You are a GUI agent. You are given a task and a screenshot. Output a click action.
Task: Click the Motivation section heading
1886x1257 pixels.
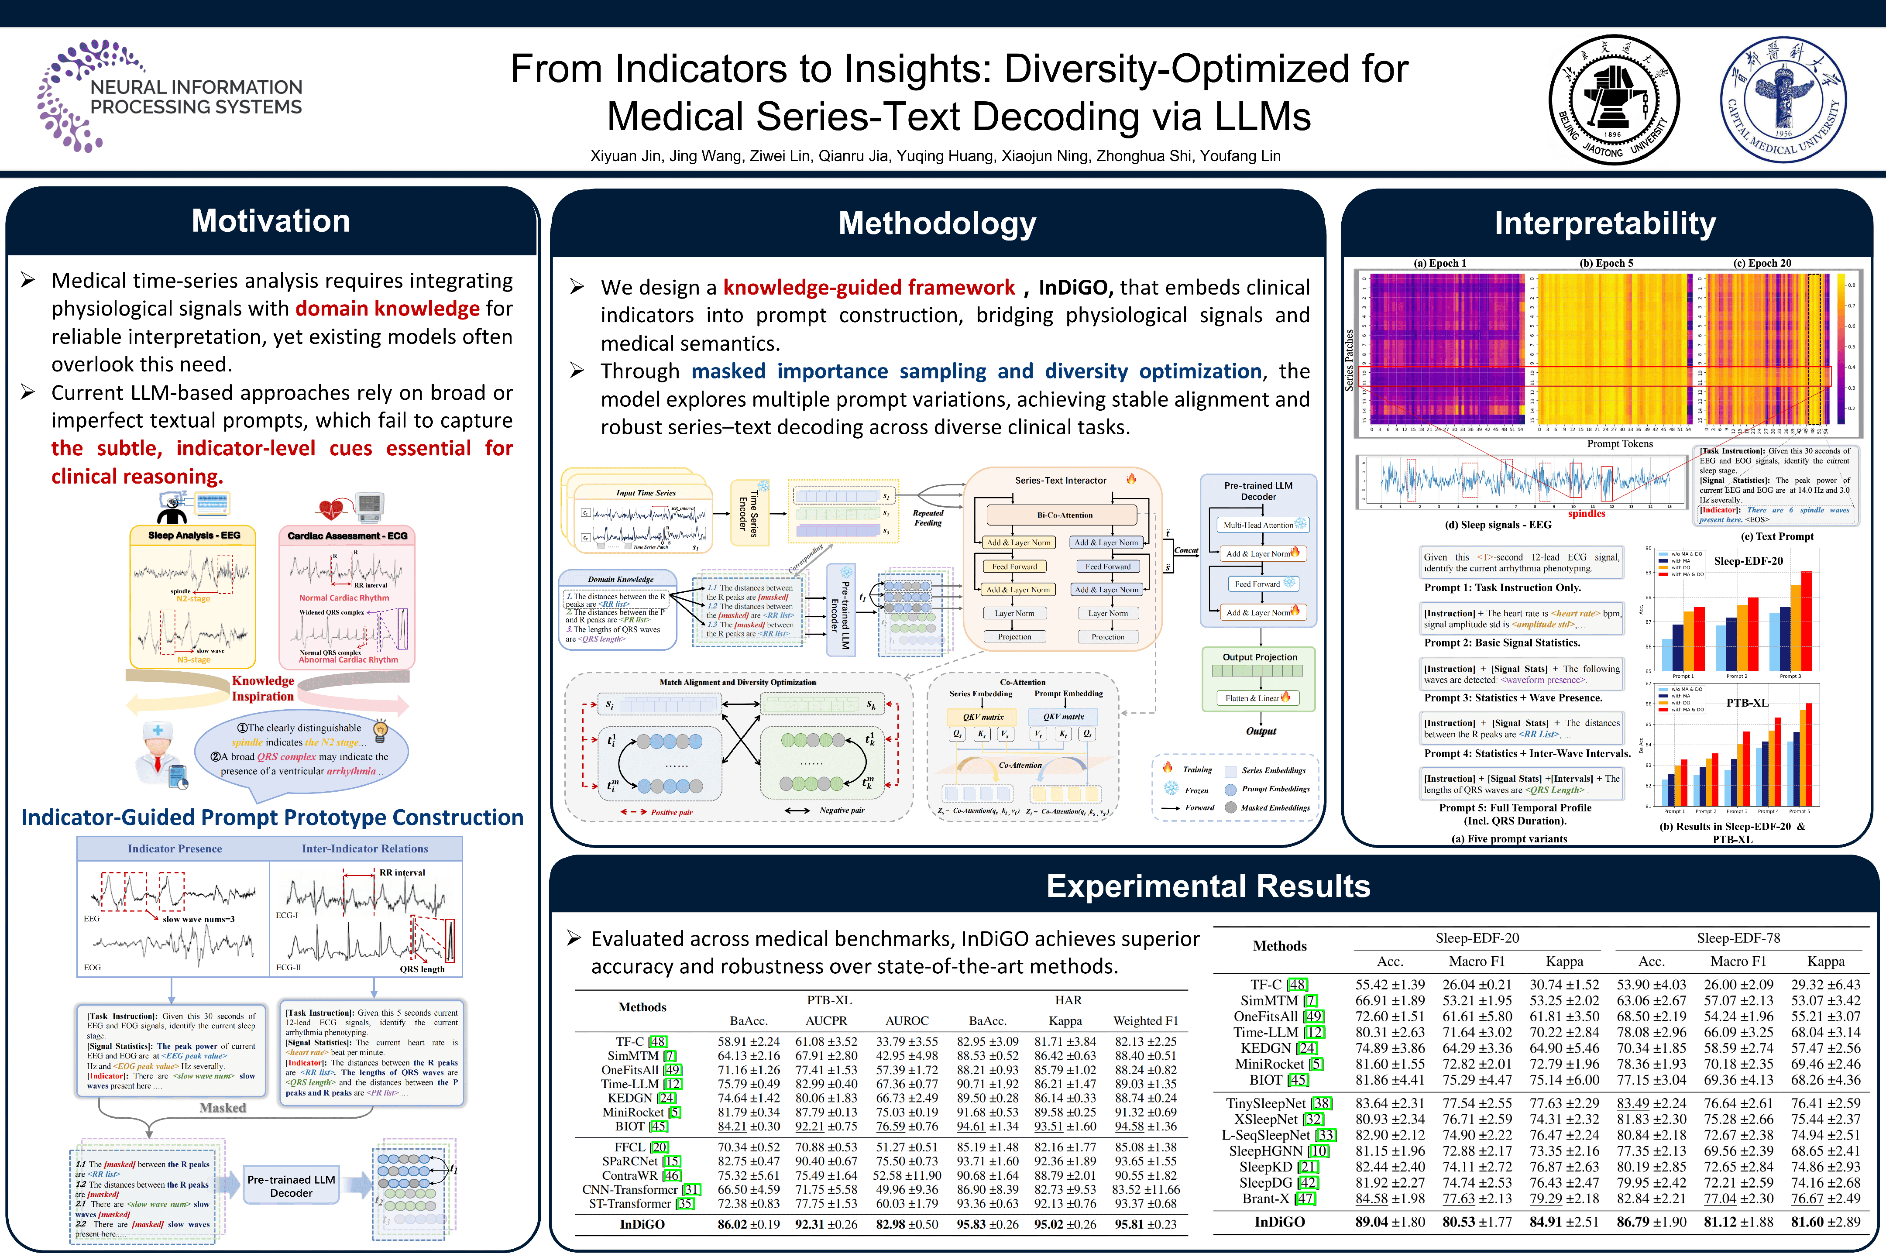(271, 221)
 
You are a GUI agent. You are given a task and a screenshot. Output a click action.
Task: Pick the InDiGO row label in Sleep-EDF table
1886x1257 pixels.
(1279, 1222)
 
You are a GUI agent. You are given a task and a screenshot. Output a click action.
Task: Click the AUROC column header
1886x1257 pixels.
(907, 1020)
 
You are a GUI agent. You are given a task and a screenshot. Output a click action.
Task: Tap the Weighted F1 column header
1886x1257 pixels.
(1145, 1020)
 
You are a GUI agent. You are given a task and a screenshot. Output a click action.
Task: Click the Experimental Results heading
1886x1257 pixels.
(1208, 886)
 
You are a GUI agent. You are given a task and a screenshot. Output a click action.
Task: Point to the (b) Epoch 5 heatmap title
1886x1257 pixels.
(1605, 263)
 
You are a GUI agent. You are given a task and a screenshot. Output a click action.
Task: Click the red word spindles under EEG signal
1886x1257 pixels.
(1586, 514)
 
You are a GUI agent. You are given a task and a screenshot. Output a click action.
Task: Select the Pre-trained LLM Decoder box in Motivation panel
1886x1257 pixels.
(291, 1186)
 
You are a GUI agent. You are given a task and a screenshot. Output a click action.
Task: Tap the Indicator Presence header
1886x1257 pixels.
(175, 848)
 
